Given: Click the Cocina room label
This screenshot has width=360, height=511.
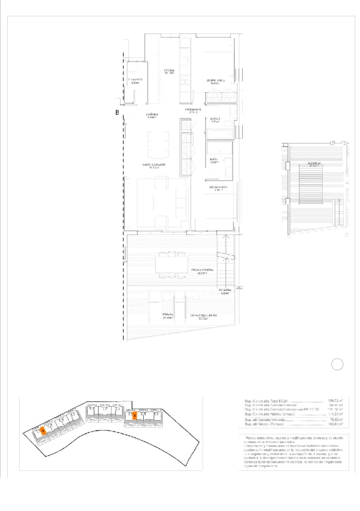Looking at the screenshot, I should [x=169, y=71].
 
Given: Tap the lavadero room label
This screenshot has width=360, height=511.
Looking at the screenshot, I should [x=135, y=81].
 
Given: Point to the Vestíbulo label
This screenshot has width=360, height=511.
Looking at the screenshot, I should [x=152, y=115].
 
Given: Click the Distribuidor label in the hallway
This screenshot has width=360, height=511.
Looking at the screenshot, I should [x=193, y=111].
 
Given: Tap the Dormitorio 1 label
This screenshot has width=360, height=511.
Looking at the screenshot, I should [x=218, y=188].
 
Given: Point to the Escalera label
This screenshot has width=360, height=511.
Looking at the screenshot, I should [x=225, y=291].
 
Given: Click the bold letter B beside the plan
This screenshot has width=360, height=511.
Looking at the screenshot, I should [x=117, y=113].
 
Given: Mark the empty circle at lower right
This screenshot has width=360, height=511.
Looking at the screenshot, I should [x=337, y=364].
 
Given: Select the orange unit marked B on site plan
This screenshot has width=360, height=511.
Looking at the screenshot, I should [x=134, y=416].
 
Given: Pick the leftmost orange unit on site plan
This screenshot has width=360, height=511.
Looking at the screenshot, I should [x=43, y=431].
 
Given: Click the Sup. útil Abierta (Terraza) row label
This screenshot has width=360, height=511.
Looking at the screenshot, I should [x=265, y=424].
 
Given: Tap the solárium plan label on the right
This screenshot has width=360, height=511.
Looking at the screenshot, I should [x=315, y=164].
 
